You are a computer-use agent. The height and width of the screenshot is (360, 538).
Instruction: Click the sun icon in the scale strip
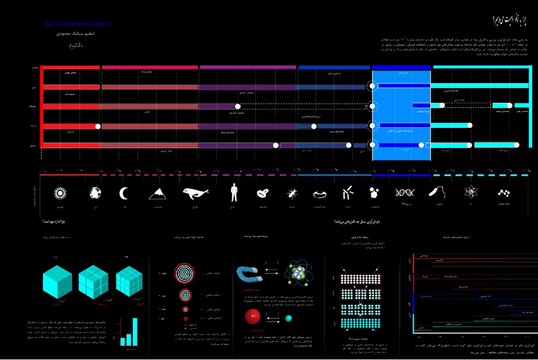60,193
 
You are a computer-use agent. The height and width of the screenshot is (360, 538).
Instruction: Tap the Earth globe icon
95,193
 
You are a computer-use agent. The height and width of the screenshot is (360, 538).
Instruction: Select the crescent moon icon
124,194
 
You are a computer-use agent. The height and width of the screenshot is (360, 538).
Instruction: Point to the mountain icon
158,194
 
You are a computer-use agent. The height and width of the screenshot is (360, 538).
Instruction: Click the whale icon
195,194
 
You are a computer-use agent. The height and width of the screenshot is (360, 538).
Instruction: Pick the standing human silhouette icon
233,192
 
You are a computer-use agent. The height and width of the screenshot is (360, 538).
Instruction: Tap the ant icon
292,194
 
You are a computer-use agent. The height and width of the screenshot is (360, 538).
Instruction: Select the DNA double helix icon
405,193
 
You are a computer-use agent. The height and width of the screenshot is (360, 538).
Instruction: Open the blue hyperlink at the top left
77,24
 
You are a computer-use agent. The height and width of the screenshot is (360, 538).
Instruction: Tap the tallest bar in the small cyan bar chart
134,331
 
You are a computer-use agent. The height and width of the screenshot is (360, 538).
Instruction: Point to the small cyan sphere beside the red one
288,318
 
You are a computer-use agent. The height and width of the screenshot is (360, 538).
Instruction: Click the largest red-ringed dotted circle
186,273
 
